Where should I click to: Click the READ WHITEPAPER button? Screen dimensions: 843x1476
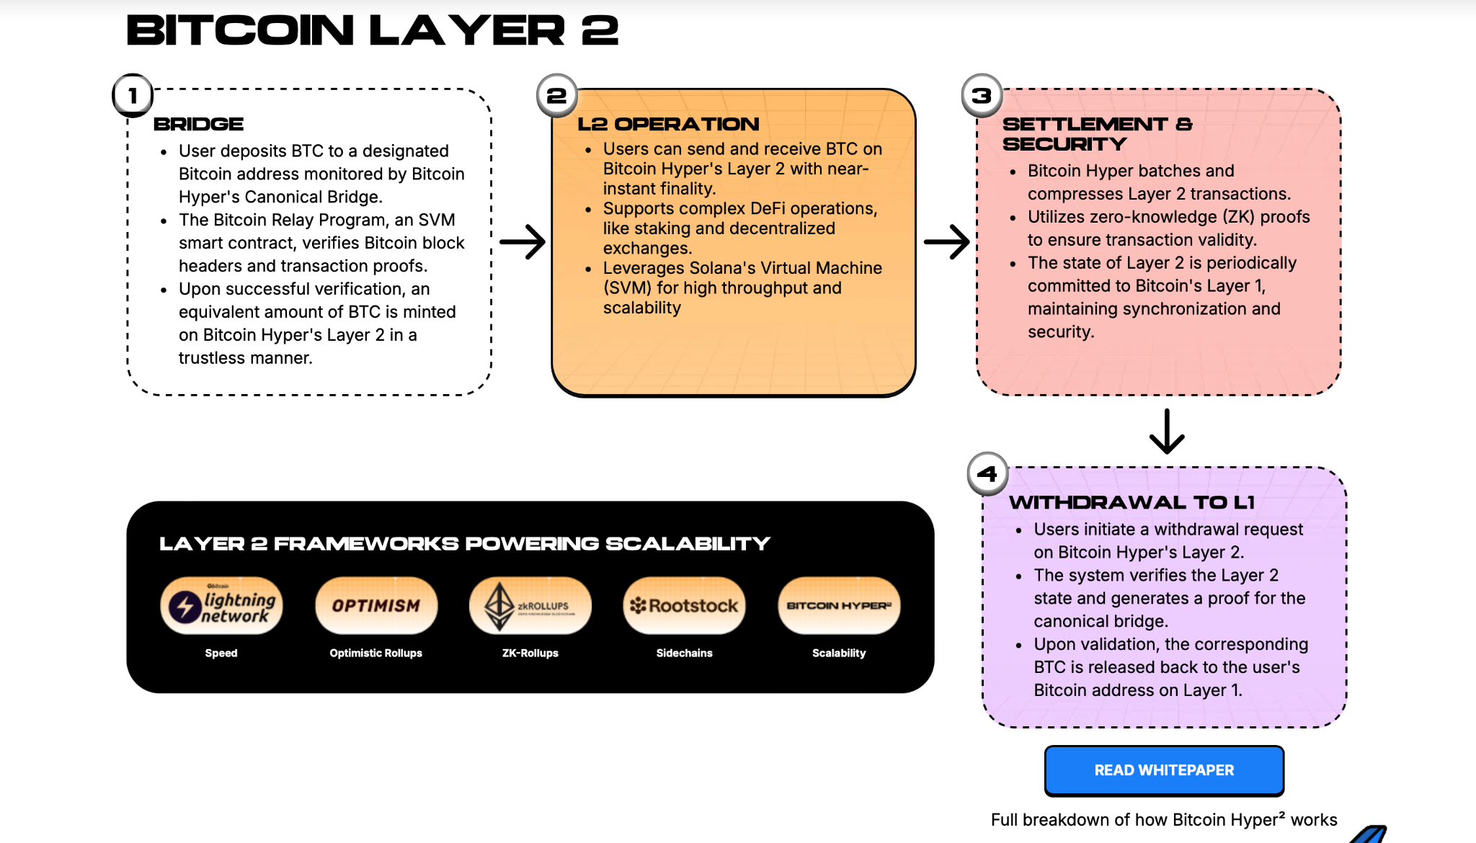(1164, 770)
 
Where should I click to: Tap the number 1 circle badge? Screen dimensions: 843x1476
(133, 95)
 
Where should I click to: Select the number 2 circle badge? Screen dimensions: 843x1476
(556, 95)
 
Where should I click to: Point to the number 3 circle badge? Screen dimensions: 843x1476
(982, 95)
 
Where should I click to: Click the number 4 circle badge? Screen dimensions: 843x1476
(987, 473)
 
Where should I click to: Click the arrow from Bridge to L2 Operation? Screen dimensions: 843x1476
(523, 242)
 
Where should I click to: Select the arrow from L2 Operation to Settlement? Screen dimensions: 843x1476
(947, 242)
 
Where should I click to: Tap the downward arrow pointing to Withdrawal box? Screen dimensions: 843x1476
(1167, 432)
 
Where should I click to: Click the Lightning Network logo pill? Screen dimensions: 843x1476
(221, 606)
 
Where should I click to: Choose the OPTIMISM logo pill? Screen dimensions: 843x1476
(376, 606)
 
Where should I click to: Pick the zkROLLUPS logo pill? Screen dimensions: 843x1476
(530, 606)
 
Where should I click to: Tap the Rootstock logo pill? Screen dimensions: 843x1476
(685, 606)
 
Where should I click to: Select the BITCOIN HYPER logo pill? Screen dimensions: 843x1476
(839, 606)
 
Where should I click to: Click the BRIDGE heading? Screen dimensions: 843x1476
(199, 124)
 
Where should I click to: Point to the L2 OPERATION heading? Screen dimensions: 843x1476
(668, 124)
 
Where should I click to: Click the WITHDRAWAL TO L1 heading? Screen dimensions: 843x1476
(1132, 502)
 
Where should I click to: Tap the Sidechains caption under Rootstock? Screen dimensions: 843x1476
(685, 653)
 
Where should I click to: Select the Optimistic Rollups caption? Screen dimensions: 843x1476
(376, 653)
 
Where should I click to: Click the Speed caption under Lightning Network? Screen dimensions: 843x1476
(221, 653)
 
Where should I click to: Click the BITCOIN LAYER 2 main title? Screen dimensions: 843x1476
(373, 30)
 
